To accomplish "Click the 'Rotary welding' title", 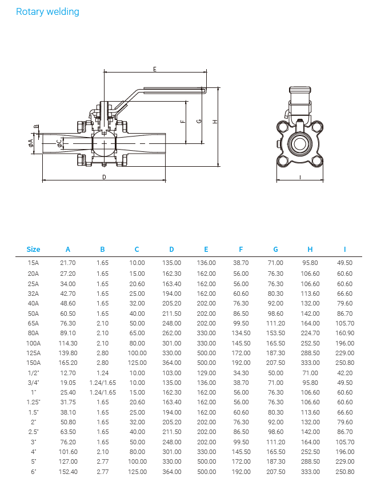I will coord(47,11).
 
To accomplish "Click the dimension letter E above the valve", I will coord(155,69).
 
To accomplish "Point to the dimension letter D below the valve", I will coord(104,177).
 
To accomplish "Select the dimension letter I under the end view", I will coord(300,177).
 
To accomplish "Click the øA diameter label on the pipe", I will coord(31,143).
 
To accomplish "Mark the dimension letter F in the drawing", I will coord(183,122).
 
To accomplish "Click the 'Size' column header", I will coord(34,250).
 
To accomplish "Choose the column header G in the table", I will coord(275,250).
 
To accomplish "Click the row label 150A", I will coord(34,363).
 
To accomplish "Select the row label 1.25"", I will coord(34,402).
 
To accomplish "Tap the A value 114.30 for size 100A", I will coord(68,343).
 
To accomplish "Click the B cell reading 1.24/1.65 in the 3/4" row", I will coord(102,383).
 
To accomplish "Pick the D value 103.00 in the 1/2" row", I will coord(171,373).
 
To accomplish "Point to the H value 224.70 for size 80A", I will coord(310,333).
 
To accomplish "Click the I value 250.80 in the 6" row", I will coord(345,472).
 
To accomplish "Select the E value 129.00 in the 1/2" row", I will coord(206,373).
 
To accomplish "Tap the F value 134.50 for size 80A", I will coord(241,333).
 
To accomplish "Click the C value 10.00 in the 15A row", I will coord(137,263).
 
